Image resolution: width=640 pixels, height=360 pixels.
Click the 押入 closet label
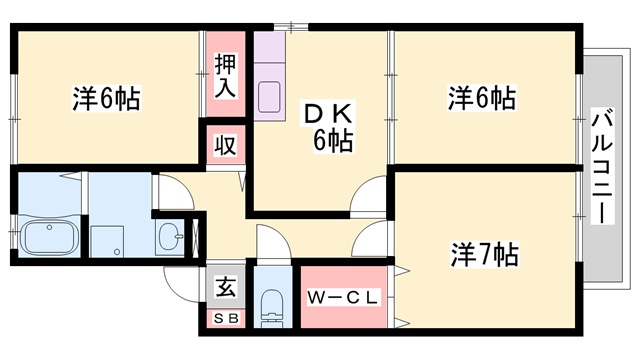[225, 76]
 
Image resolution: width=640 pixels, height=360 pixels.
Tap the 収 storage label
[225, 145]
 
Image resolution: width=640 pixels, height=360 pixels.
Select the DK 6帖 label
[328, 127]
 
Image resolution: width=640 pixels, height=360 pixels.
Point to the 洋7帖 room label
[484, 254]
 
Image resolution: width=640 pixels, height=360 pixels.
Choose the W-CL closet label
[343, 298]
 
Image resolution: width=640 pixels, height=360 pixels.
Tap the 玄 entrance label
[225, 286]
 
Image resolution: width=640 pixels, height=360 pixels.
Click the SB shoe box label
[226, 318]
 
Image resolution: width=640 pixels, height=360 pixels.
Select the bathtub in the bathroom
[49, 238]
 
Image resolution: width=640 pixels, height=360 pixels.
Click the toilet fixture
[272, 307]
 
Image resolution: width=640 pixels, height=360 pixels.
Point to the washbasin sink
[170, 237]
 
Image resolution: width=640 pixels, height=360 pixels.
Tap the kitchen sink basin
[269, 97]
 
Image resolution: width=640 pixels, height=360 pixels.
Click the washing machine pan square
[107, 241]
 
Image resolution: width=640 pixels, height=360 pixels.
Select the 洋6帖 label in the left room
[107, 98]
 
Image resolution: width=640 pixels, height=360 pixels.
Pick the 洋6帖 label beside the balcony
[482, 98]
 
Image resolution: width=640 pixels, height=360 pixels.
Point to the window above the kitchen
[291, 27]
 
